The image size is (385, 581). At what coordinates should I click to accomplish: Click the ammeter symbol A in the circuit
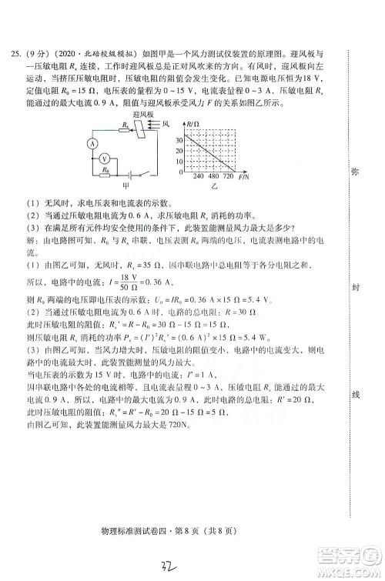(91, 143)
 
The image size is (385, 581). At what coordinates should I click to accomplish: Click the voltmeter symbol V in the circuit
(108, 158)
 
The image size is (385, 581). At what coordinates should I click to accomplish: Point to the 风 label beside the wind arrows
(166, 123)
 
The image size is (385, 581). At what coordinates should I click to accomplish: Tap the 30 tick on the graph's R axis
(178, 140)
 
